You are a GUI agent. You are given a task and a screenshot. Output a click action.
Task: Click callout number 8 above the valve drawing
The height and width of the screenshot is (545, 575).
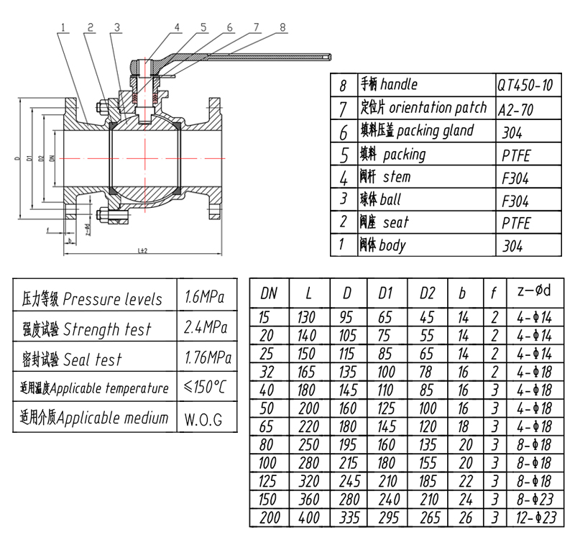click(x=282, y=27)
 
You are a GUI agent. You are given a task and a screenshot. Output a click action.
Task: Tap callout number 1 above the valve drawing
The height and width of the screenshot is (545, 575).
click(x=64, y=27)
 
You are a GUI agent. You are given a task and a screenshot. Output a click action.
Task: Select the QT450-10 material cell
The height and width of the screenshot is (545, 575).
click(x=525, y=86)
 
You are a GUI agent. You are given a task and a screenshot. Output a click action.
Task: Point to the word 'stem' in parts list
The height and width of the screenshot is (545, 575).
click(x=397, y=177)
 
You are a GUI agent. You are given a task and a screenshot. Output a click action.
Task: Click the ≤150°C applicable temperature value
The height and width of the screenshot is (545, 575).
click(x=205, y=388)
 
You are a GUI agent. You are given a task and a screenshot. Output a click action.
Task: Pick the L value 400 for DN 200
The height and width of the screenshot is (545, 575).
click(x=308, y=518)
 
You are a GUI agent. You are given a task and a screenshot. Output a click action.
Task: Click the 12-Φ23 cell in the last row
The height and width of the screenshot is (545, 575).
click(x=533, y=518)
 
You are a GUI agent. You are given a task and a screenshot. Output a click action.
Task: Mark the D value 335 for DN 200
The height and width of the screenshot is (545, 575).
click(x=347, y=518)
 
